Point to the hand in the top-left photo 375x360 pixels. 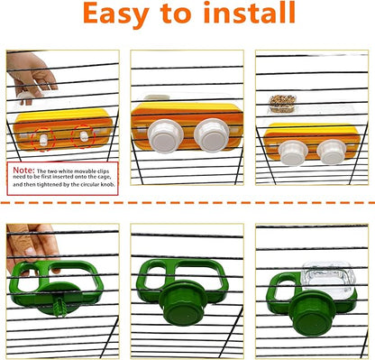34,70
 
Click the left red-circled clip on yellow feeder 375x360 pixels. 40,138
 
